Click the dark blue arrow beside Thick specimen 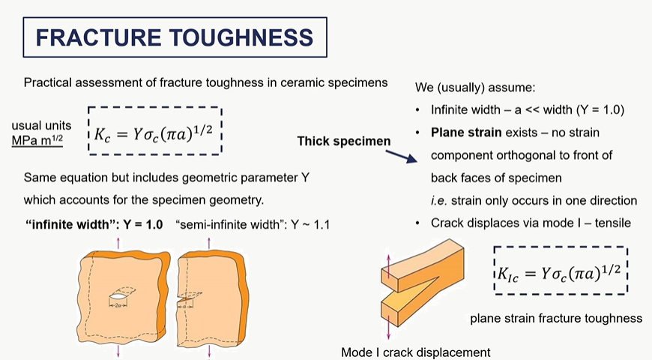(x=399, y=154)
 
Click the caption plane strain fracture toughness (x=555, y=319)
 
